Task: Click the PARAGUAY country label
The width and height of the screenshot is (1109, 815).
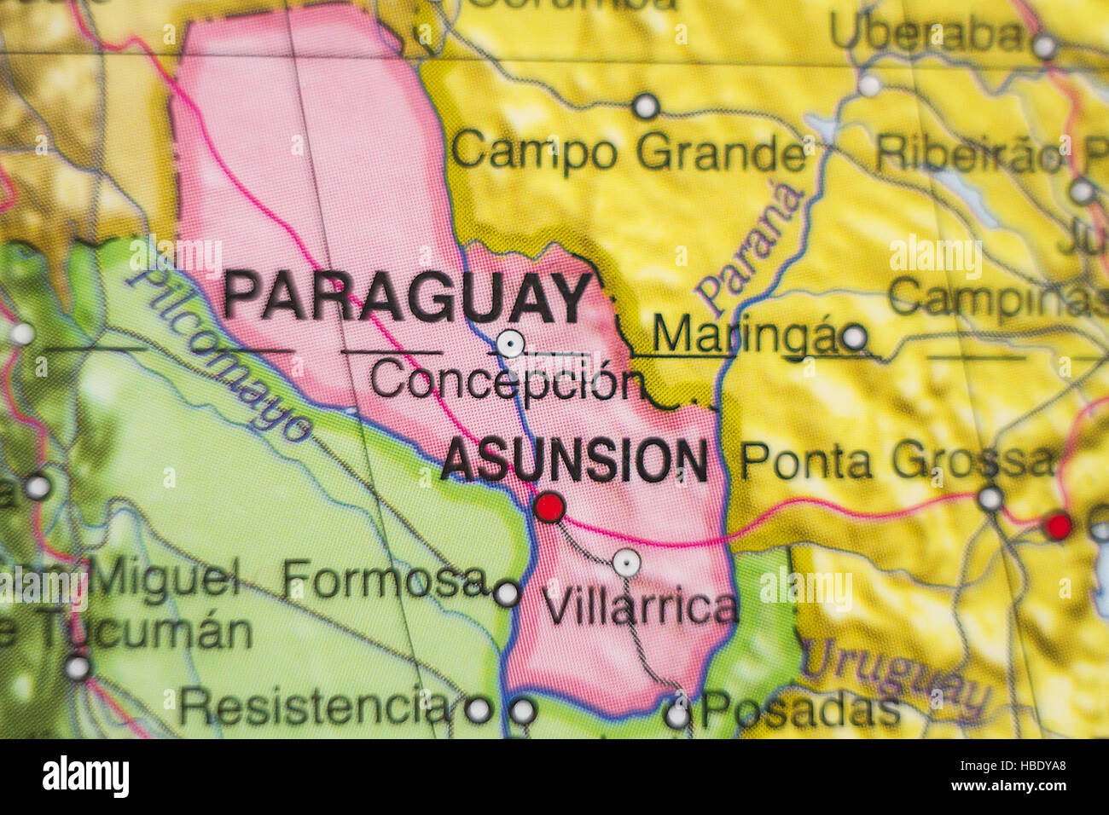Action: [407, 298]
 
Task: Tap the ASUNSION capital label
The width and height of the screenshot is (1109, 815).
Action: [574, 460]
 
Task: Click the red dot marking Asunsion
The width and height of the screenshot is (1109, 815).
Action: [549, 507]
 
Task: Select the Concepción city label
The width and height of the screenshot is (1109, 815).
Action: [506, 381]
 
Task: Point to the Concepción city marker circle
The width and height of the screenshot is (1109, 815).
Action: [510, 344]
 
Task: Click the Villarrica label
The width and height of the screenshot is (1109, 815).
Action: [640, 608]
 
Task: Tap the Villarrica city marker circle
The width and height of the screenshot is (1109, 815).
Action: [627, 563]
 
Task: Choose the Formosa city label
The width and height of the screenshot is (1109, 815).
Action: [385, 580]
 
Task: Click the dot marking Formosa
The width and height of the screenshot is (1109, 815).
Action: [507, 593]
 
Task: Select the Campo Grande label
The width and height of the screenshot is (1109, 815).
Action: [629, 153]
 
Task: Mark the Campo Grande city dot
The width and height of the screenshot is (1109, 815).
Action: [646, 107]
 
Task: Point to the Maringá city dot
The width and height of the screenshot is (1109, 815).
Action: [854, 338]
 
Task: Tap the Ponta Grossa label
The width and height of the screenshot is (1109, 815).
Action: [897, 461]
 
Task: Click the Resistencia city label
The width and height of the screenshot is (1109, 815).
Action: [315, 706]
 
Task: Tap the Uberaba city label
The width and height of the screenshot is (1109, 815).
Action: [927, 35]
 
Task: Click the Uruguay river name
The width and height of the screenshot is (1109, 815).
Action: [896, 678]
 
